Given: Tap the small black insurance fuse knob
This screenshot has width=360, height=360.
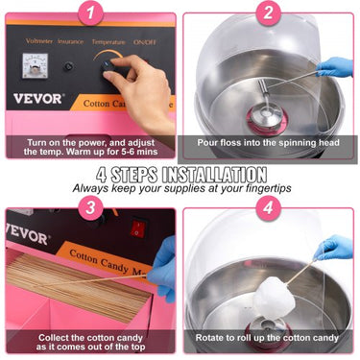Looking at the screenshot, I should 68,67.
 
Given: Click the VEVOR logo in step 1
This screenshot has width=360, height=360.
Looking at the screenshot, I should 38,98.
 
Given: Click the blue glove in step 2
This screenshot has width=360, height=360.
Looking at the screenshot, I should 335,67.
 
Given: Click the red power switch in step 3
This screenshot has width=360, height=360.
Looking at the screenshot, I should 138,228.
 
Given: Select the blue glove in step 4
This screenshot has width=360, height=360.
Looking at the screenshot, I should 333,248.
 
